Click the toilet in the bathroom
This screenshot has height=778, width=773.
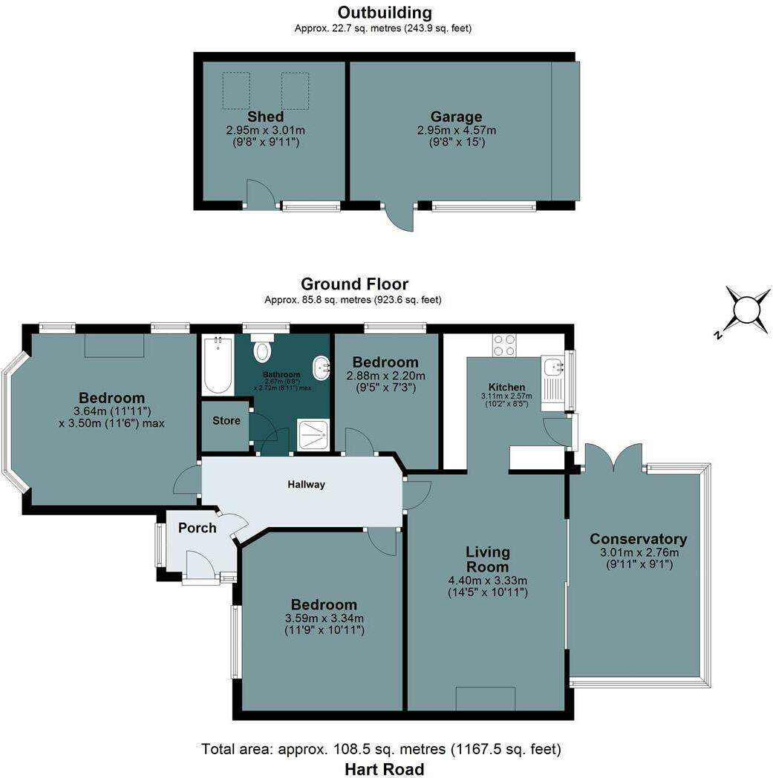(x=262, y=348)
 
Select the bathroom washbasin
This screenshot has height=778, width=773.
(x=322, y=368)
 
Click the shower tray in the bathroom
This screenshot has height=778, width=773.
(x=313, y=436)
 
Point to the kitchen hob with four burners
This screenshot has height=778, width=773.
(x=504, y=345)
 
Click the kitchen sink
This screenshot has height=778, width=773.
(x=552, y=367)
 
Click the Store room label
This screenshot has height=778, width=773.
(x=226, y=421)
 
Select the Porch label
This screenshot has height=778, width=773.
(x=198, y=528)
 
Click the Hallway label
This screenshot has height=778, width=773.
(x=306, y=484)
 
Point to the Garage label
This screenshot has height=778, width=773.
(x=456, y=117)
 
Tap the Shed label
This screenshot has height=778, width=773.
(x=265, y=117)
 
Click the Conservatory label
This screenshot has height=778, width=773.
(x=639, y=539)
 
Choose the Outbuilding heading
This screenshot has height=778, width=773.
(x=385, y=12)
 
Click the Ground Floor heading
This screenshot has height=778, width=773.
(x=354, y=284)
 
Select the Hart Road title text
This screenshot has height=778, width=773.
(x=385, y=769)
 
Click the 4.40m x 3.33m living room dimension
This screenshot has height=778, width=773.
(x=488, y=581)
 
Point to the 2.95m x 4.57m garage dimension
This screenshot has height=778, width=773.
(x=457, y=131)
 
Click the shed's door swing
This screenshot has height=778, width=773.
(x=259, y=194)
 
